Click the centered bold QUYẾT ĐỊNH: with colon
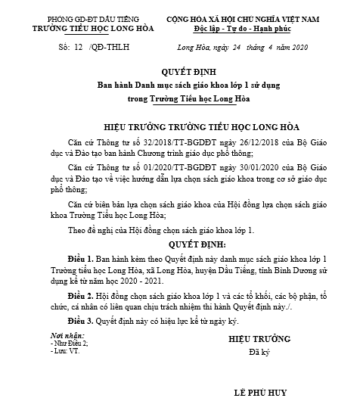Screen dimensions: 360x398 tap(181, 245)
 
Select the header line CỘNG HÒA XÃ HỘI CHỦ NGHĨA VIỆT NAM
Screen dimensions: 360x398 tap(257, 17)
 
